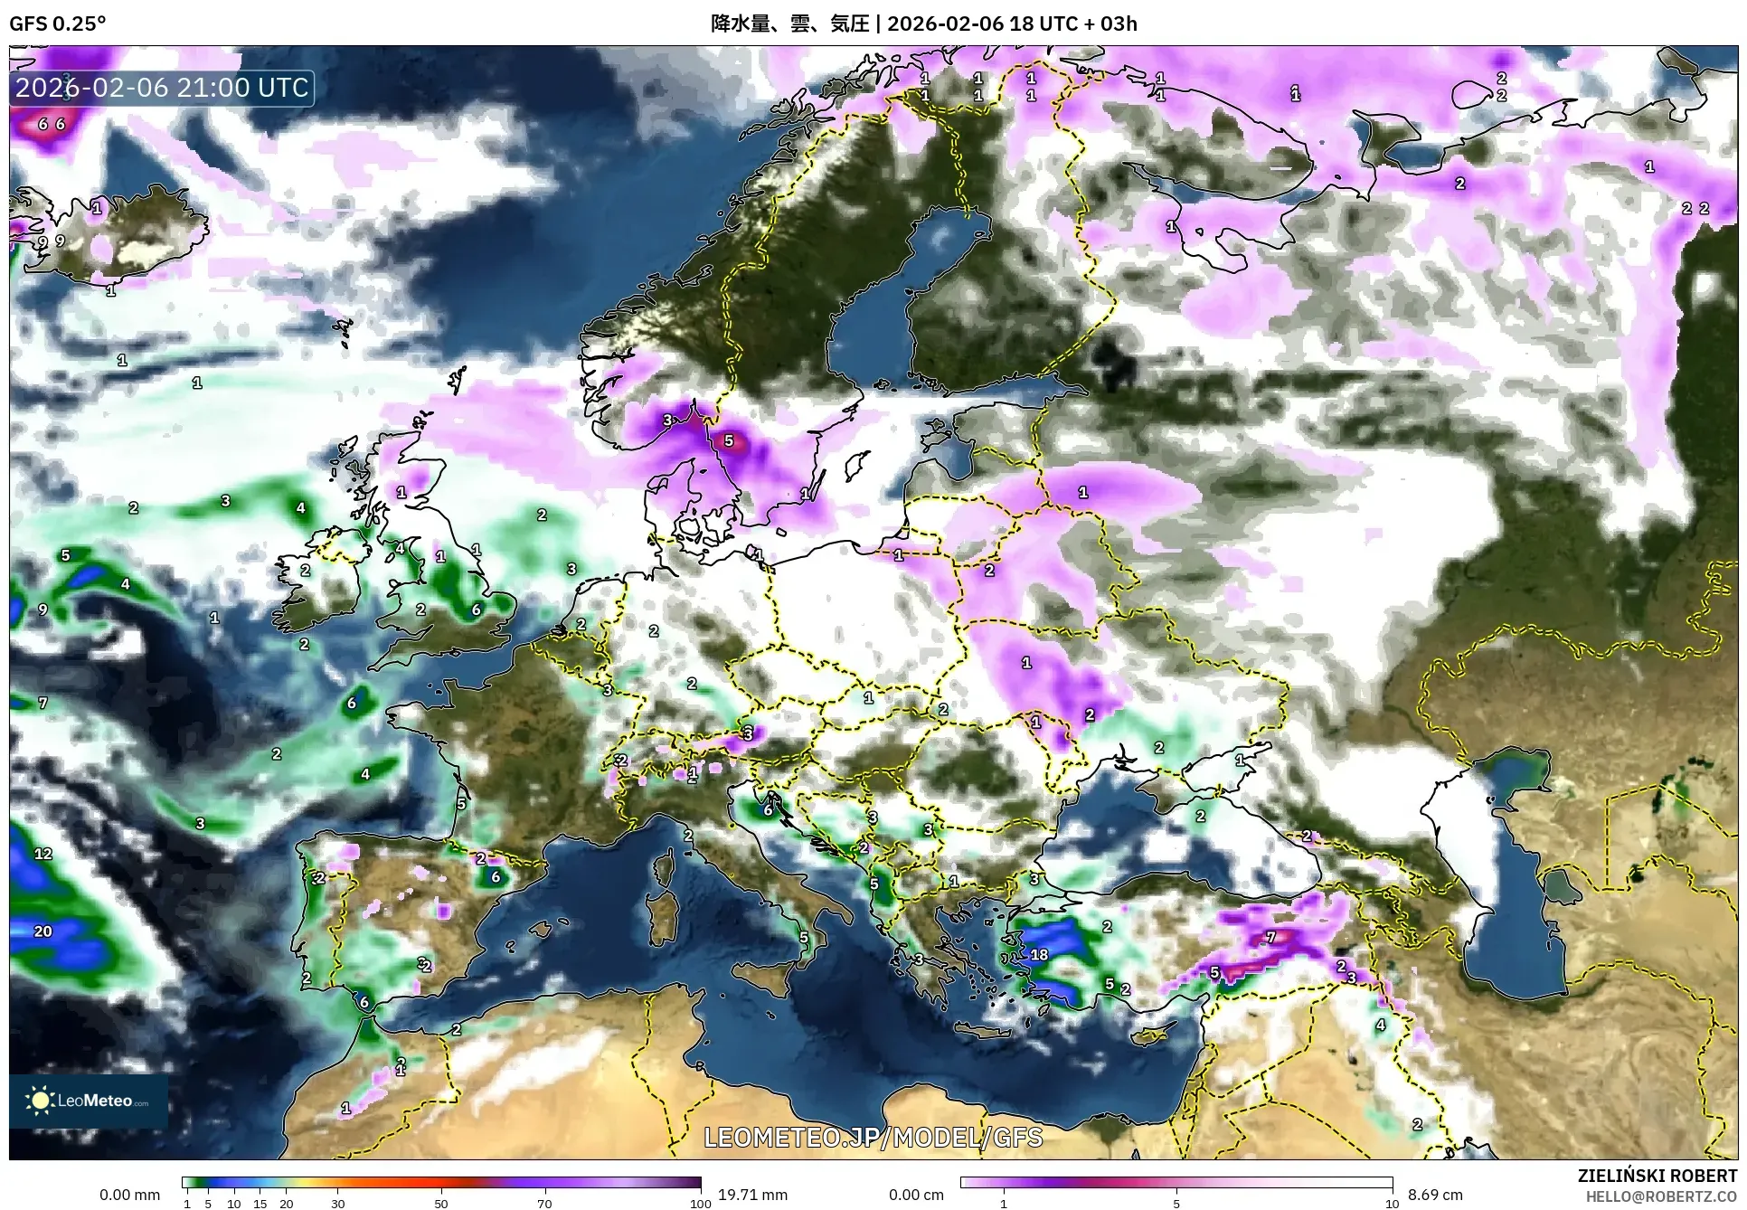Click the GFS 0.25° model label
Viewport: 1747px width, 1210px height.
[57, 24]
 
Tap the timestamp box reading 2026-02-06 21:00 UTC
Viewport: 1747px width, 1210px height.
[163, 88]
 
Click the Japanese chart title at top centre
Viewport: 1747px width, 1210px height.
[923, 24]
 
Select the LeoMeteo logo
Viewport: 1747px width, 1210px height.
[89, 1101]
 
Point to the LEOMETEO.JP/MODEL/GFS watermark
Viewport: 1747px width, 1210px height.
[873, 1137]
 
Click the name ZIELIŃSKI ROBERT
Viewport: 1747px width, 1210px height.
[1657, 1176]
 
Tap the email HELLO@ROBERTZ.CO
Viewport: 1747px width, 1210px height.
[1661, 1196]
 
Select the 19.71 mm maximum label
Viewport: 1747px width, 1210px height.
[752, 1195]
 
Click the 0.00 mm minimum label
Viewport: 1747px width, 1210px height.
[129, 1195]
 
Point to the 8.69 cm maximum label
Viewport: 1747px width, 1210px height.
[1436, 1195]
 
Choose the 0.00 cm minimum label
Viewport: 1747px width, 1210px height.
[916, 1195]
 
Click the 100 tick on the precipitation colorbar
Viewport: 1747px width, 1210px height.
[700, 1204]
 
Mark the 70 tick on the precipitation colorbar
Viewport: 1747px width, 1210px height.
[544, 1204]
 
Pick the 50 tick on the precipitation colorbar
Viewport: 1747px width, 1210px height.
[441, 1204]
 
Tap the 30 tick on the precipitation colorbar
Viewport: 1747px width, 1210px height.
[338, 1204]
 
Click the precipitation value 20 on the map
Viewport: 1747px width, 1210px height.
[43, 931]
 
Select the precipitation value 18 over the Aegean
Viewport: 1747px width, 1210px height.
[1039, 954]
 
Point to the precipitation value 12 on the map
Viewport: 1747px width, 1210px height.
[43, 853]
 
